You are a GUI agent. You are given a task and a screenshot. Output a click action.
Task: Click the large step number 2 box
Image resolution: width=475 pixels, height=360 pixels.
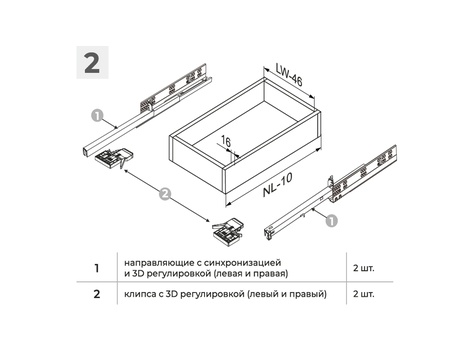(x=92, y=62)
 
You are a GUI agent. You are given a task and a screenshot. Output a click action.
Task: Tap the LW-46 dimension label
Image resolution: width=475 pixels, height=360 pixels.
(x=289, y=75)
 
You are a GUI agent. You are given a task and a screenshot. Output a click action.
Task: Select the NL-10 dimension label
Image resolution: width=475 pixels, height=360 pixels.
(x=278, y=185)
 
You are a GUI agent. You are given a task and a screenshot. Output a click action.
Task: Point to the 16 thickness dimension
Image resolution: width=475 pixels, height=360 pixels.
(x=226, y=142)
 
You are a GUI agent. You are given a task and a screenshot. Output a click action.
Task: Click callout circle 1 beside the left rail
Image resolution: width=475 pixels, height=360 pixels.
(x=97, y=116)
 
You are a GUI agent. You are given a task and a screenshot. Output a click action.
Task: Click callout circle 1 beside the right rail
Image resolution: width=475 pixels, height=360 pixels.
(x=331, y=221)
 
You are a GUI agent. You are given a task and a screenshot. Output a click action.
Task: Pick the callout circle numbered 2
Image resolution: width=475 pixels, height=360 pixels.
(x=165, y=194)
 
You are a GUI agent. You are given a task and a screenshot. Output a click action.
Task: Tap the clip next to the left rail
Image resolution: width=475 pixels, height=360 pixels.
(x=114, y=157)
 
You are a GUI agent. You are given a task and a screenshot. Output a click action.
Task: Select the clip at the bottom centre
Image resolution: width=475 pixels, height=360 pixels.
(x=227, y=232)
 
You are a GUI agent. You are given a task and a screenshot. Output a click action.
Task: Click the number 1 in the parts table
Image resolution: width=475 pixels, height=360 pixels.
(x=97, y=268)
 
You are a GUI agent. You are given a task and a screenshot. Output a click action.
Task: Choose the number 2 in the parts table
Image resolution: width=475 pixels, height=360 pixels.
(x=97, y=294)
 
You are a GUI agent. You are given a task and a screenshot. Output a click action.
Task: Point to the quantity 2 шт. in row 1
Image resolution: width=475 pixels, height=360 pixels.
(x=364, y=268)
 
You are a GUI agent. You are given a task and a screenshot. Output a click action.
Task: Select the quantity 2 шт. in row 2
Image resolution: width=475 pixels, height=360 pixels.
(x=364, y=294)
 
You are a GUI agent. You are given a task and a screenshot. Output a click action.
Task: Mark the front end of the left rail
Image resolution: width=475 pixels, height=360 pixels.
(x=86, y=151)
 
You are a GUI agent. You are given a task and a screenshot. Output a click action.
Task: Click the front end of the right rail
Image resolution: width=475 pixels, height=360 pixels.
(x=268, y=232)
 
